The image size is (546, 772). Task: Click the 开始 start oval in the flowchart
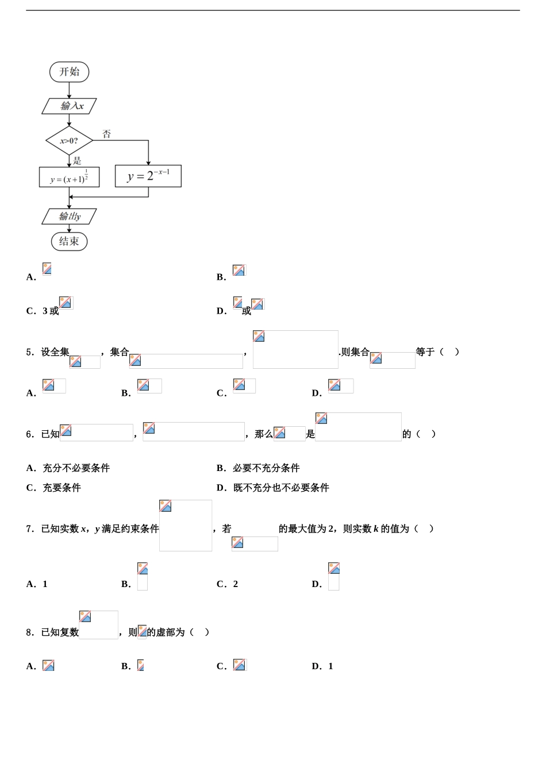click(x=69, y=72)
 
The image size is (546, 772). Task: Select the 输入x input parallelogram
click(x=70, y=106)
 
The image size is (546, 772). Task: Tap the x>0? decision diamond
click(x=69, y=141)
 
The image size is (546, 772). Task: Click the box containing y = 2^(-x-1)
click(x=148, y=176)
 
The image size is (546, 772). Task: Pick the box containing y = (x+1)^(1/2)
click(x=69, y=177)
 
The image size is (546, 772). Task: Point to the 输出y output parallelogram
click(x=70, y=217)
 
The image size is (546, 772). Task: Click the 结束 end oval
click(x=69, y=241)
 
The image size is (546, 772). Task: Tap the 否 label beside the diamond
click(x=106, y=134)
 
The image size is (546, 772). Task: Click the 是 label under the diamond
click(x=77, y=160)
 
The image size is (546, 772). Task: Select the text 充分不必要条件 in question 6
click(x=76, y=468)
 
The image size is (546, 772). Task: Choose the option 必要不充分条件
click(x=266, y=468)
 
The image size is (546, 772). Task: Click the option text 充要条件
click(x=61, y=488)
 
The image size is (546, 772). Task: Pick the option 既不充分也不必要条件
click(x=281, y=488)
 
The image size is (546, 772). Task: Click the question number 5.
click(x=29, y=352)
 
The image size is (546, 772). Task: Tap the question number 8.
click(x=29, y=632)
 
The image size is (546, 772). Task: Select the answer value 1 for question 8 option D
click(x=330, y=666)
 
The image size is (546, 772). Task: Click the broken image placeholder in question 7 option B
click(x=143, y=576)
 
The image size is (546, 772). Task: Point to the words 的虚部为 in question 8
click(x=166, y=632)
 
